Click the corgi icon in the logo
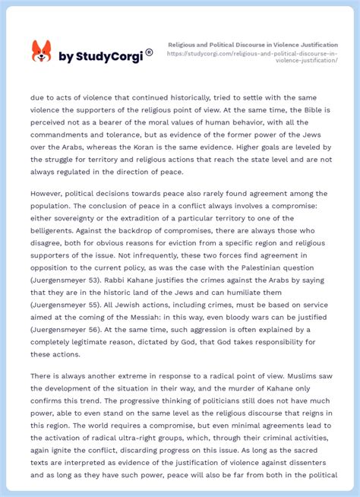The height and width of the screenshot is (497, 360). point(41,52)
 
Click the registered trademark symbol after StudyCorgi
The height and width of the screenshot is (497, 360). point(149,52)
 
